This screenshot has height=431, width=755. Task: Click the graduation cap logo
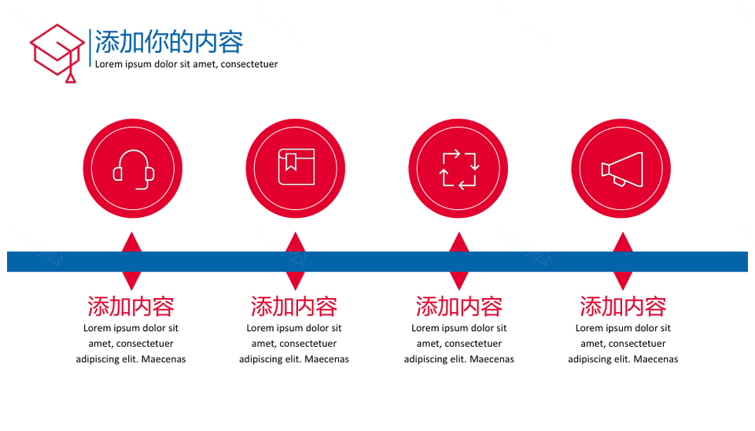(57, 53)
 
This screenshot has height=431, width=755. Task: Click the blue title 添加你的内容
(168, 42)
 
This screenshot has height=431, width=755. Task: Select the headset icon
(134, 170)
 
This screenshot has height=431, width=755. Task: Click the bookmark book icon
(296, 167)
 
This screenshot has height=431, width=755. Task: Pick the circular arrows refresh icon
(459, 169)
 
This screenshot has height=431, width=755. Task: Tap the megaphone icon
(622, 170)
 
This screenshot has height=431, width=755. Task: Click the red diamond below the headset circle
(131, 261)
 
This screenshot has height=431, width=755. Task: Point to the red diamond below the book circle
(295, 261)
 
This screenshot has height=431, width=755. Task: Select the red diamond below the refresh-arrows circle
(459, 261)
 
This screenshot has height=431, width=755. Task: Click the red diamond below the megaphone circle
(623, 261)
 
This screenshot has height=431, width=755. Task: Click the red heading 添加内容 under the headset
(131, 307)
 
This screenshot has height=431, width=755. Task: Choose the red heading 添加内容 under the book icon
(293, 307)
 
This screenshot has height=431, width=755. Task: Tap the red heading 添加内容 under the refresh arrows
(459, 307)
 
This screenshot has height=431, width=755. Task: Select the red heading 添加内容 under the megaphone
(623, 307)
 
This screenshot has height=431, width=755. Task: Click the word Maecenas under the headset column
(164, 359)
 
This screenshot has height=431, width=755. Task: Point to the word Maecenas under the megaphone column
(655, 359)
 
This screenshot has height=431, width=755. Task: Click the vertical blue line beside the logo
(90, 48)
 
